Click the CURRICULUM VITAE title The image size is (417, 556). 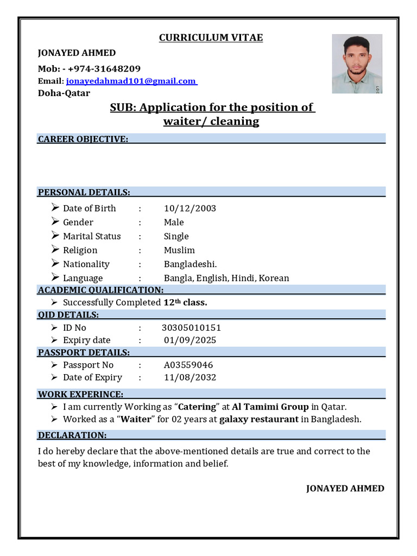point(211,37)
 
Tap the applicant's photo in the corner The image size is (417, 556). point(357,64)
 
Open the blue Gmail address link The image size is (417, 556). point(131,81)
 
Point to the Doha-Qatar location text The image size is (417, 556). point(64,93)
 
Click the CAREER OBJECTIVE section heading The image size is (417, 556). point(83,139)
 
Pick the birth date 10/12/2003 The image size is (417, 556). point(190,208)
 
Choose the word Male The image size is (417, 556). point(174,222)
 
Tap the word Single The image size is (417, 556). point(176,236)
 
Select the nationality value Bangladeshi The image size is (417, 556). point(190,264)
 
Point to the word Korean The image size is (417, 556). point(274,278)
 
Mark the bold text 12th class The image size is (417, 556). point(185,302)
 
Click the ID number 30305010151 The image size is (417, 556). point(191,328)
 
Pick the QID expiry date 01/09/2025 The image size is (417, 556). point(190,340)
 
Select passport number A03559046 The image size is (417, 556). point(188,365)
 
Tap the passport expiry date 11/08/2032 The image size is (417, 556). point(190,377)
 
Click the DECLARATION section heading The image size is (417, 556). point(72,435)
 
